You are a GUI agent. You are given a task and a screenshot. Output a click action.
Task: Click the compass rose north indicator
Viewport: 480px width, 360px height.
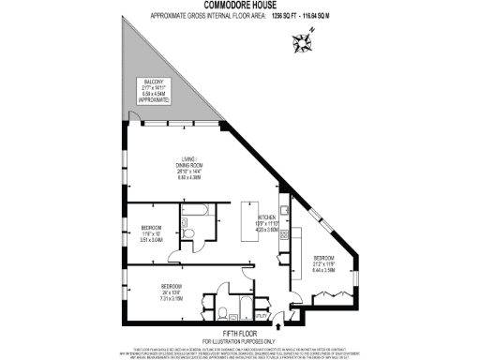coord(305,39)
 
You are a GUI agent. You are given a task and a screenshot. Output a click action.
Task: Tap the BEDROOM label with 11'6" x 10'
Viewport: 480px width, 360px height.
coord(151,233)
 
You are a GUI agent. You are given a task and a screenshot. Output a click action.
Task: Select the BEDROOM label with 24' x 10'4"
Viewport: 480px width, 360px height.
coord(171,291)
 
